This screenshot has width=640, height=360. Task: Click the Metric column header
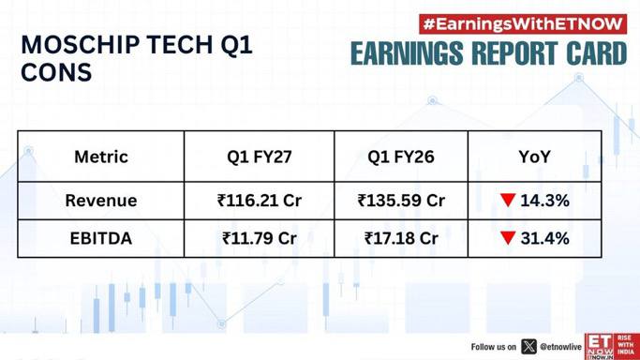(x=101, y=157)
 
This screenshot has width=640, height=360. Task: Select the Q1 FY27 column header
(x=260, y=157)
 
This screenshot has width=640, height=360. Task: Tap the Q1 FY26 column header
(x=401, y=157)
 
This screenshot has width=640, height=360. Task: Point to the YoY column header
(x=534, y=157)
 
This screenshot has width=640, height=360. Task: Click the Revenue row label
(x=101, y=201)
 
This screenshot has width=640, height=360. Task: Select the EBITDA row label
(x=101, y=238)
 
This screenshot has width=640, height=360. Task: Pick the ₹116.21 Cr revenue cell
(x=260, y=201)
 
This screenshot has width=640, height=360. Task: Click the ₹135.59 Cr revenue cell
(x=401, y=201)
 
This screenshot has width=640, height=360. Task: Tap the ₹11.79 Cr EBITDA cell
(x=260, y=238)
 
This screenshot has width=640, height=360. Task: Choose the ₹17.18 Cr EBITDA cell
(x=401, y=238)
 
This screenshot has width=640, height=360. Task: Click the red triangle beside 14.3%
(x=508, y=201)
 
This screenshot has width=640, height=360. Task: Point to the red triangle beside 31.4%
(x=508, y=238)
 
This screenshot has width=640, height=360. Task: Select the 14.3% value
(x=544, y=201)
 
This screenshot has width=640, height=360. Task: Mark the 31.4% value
(x=544, y=238)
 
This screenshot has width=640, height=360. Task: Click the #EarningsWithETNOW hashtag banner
(x=523, y=24)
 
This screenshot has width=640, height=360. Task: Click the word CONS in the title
(x=56, y=72)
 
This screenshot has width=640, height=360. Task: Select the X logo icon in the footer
(x=529, y=347)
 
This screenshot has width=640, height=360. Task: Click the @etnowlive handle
(x=560, y=347)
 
